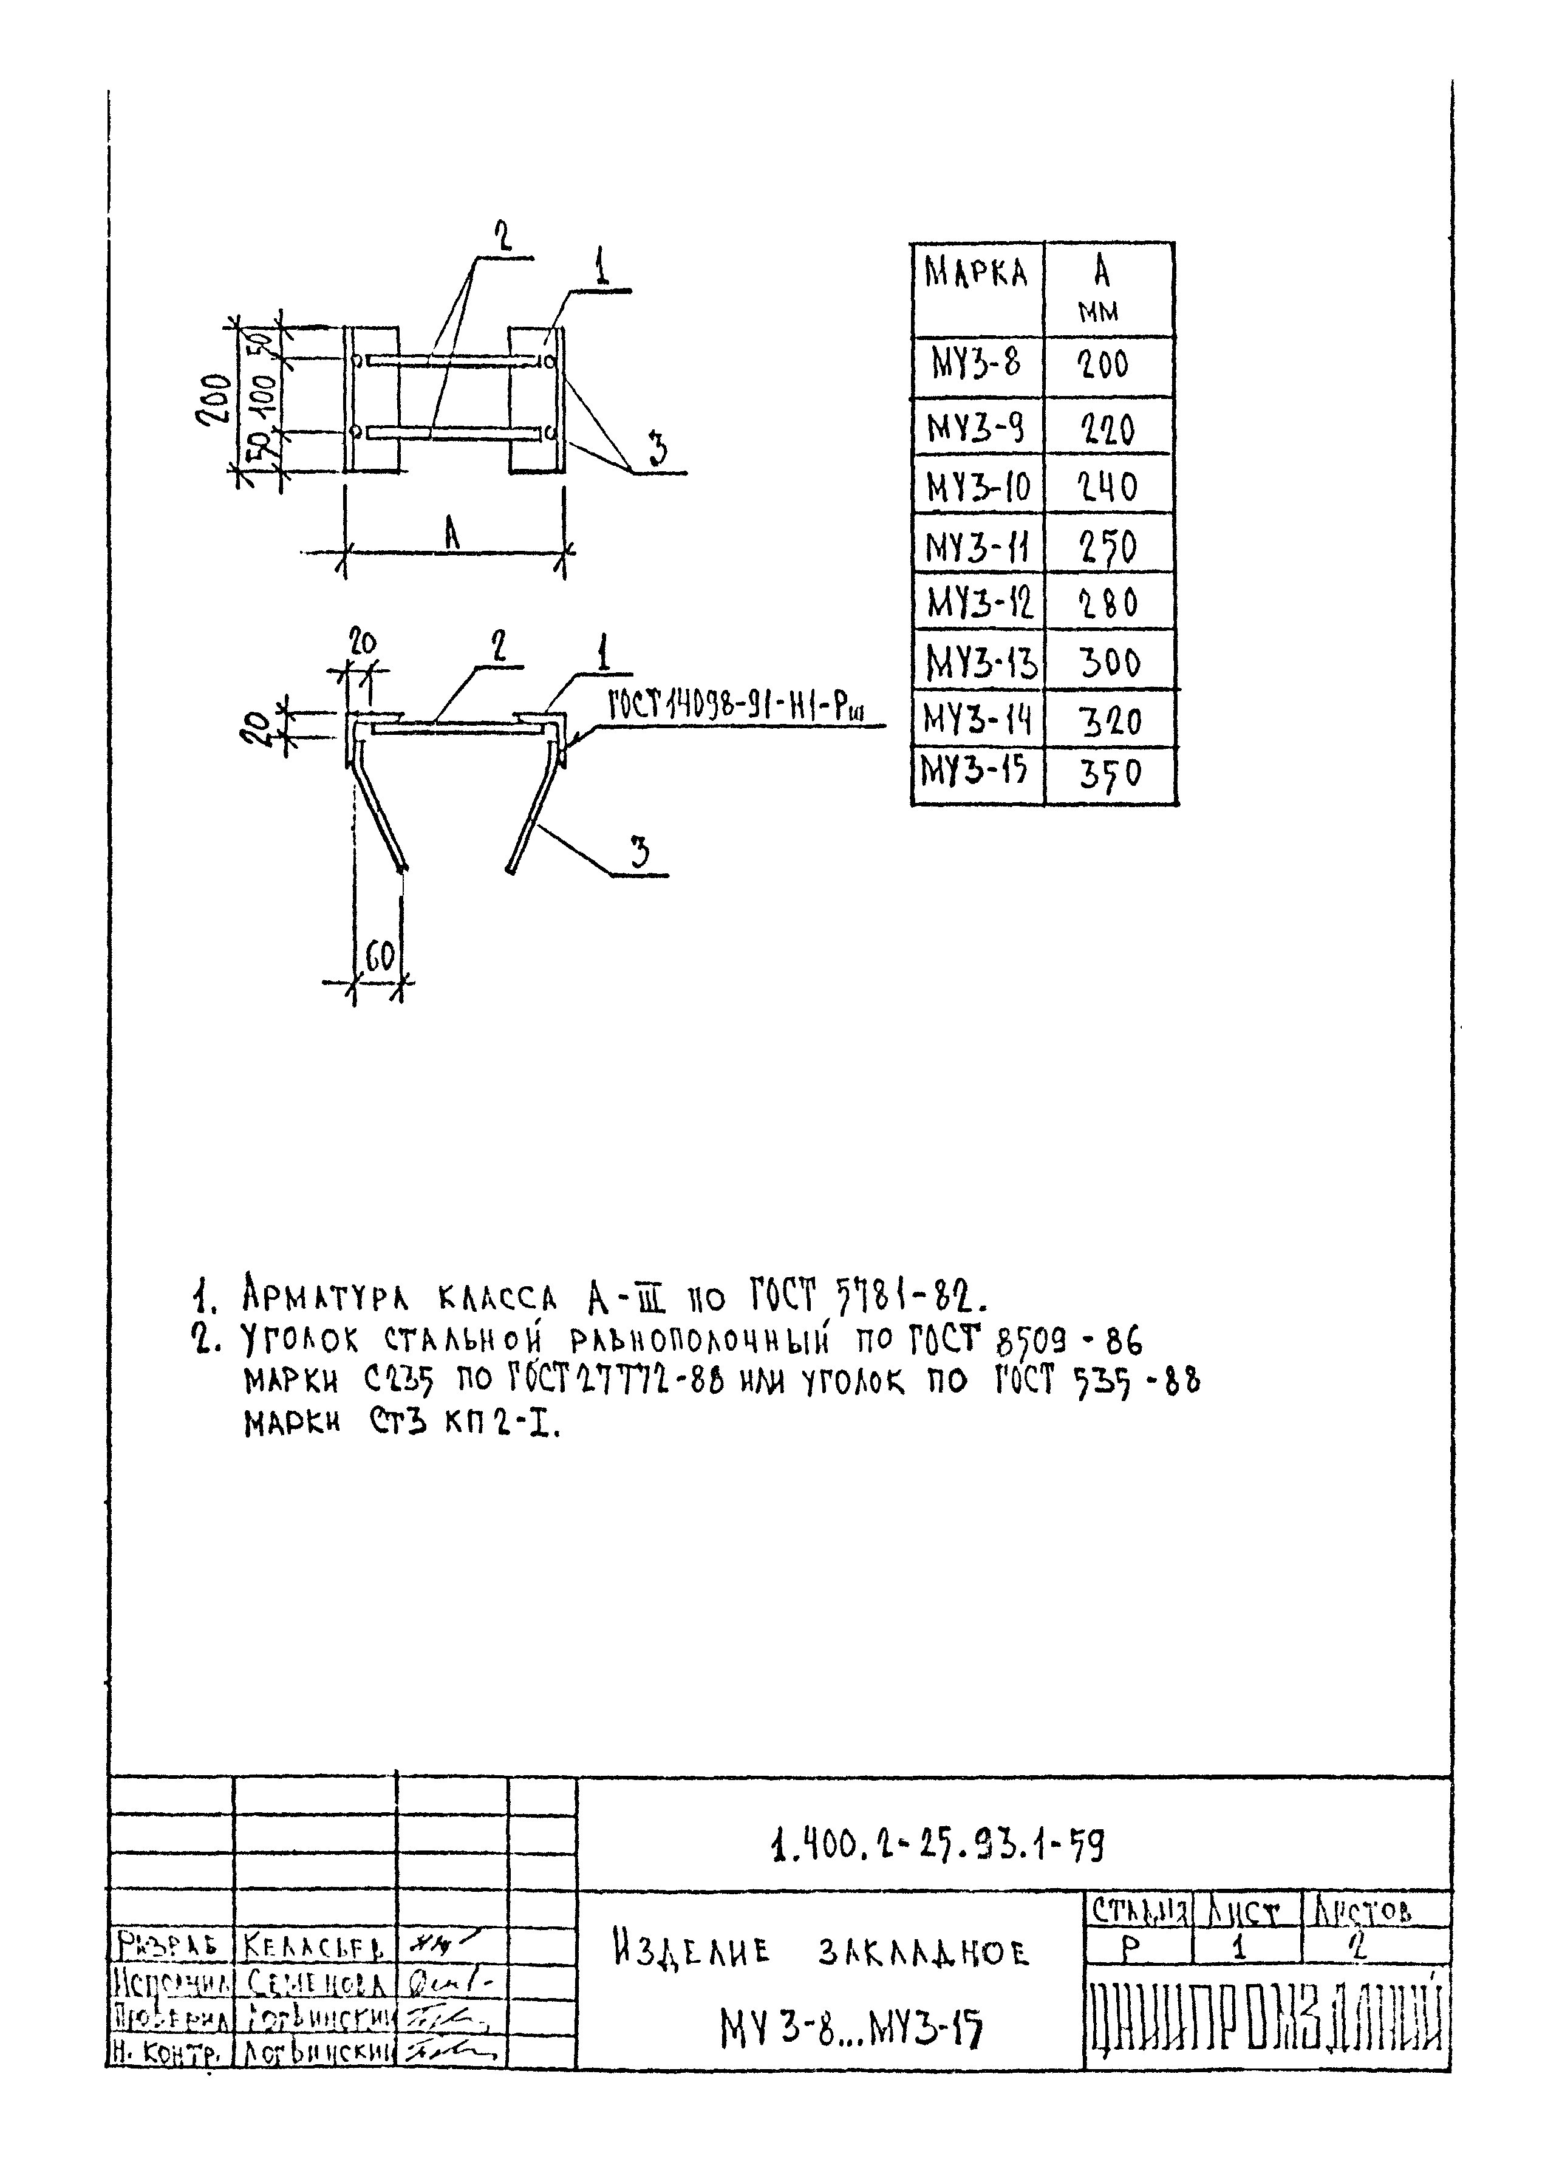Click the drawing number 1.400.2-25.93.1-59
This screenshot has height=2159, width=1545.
click(937, 1846)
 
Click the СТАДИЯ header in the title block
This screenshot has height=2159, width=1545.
click(1138, 1911)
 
